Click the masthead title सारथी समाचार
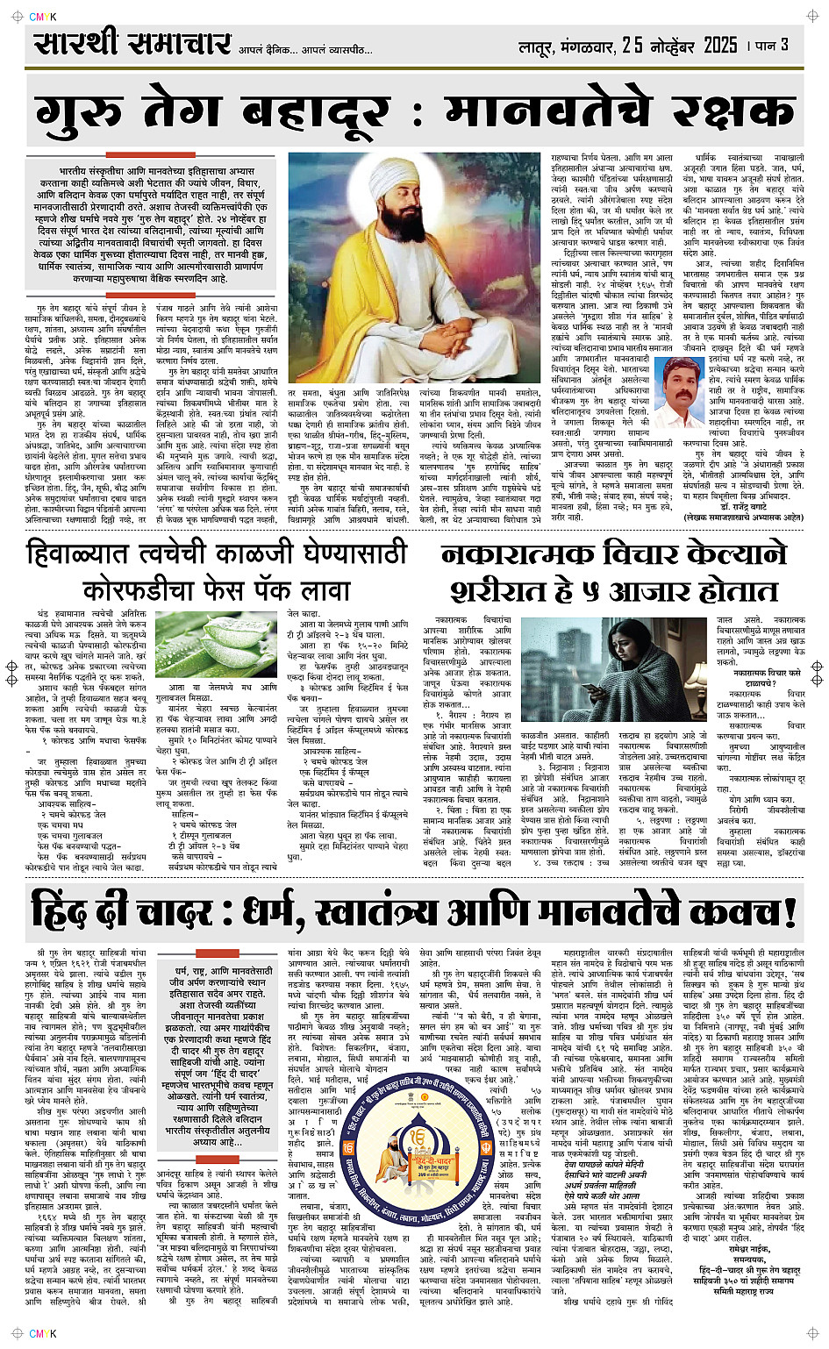coord(132,43)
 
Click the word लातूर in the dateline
coord(539,46)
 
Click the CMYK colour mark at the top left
coord(41,15)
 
